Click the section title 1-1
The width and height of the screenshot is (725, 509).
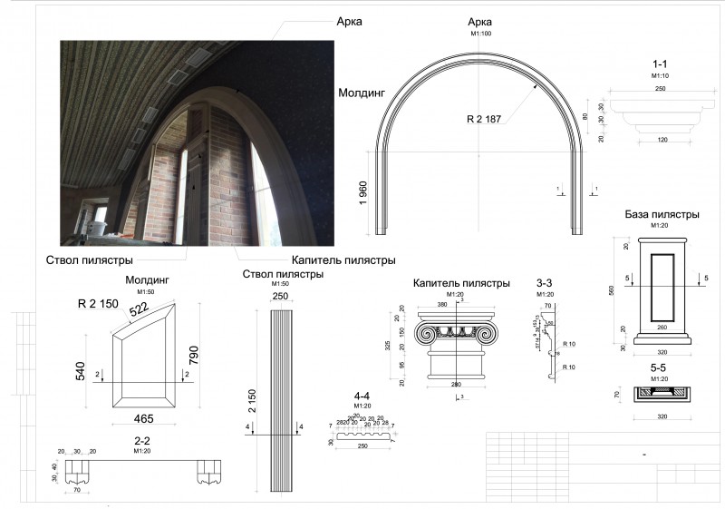click(660, 65)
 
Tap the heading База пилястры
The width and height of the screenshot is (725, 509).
click(662, 215)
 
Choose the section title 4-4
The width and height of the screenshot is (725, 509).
click(362, 396)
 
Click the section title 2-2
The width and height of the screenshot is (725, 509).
click(141, 441)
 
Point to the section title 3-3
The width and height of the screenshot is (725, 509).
click(545, 283)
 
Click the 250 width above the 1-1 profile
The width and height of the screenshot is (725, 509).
click(660, 89)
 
